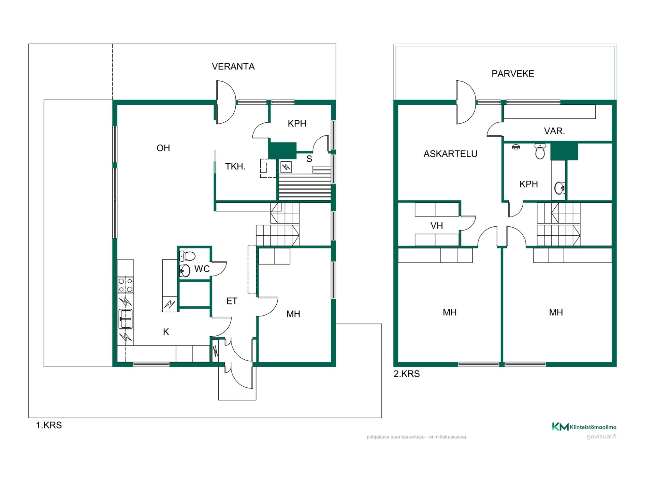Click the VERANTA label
[x=233, y=66]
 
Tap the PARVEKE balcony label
[x=513, y=74]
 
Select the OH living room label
[x=163, y=148]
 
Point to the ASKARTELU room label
[x=450, y=154]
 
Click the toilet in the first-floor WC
[x=187, y=256]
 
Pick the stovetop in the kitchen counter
[x=126, y=285]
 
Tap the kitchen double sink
[x=126, y=319]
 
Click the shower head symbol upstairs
[x=516, y=147]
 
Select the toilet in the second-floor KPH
[x=540, y=151]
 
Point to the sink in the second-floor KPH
[x=559, y=188]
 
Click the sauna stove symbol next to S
[x=286, y=167]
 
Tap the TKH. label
[x=235, y=166]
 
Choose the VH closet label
[x=437, y=226]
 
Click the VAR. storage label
[x=554, y=131]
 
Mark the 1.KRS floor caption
[x=49, y=425]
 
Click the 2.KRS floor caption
[x=407, y=374]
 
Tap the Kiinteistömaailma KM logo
[x=584, y=427]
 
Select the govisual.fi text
[x=601, y=437]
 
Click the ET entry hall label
[x=232, y=301]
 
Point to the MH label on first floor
[x=293, y=314]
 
